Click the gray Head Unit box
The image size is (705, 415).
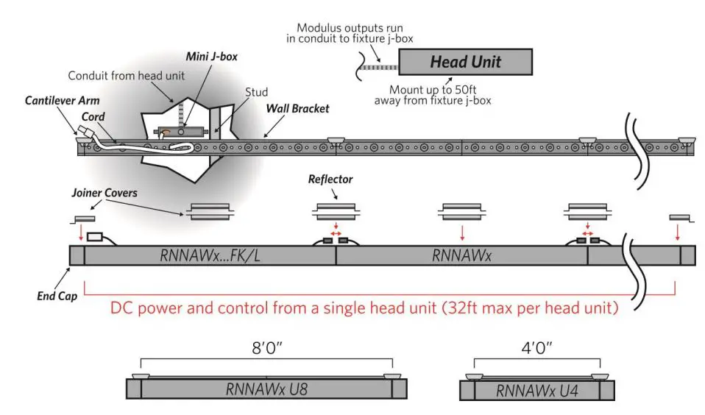pyautogui.click(x=465, y=62)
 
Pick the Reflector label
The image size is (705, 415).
pyautogui.click(x=330, y=179)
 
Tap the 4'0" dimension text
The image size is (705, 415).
pyautogui.click(x=536, y=345)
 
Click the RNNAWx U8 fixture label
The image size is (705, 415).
pyautogui.click(x=266, y=389)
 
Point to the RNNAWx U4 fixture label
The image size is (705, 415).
pyautogui.click(x=536, y=389)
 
